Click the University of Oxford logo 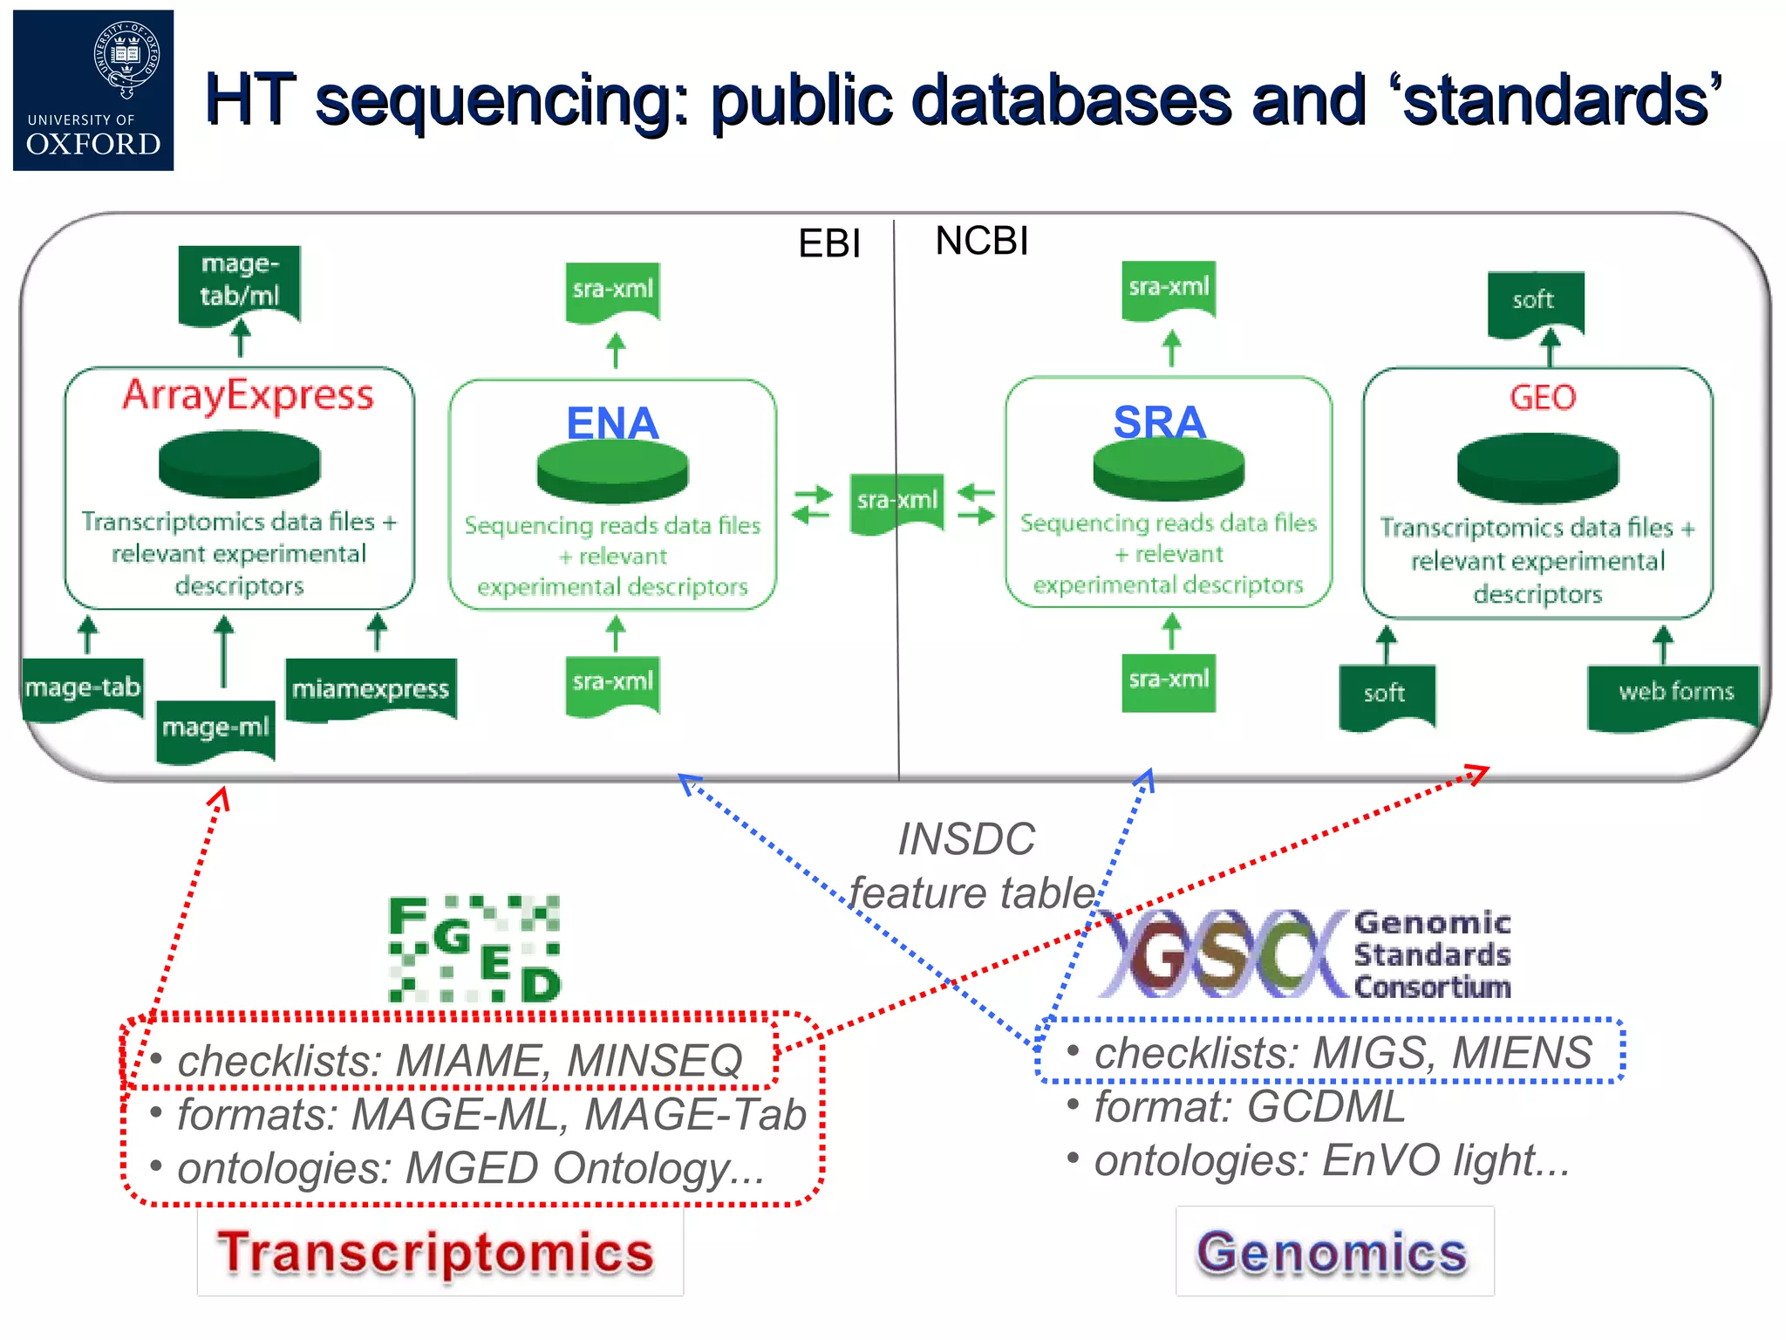tap(93, 90)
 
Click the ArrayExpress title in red tap(248, 395)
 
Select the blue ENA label tap(612, 423)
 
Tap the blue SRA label tap(1159, 421)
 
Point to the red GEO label tap(1542, 398)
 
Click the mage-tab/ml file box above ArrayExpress tap(240, 281)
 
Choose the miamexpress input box tap(371, 688)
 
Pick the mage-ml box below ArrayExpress tap(215, 728)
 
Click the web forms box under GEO tap(1675, 693)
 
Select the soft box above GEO tap(1533, 301)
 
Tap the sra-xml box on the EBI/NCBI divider tap(896, 501)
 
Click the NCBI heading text tap(981, 241)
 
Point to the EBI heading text tap(828, 243)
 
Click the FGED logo tap(474, 948)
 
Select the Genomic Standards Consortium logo tap(1304, 954)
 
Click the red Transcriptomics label tap(436, 1252)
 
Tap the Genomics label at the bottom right tap(1332, 1252)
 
